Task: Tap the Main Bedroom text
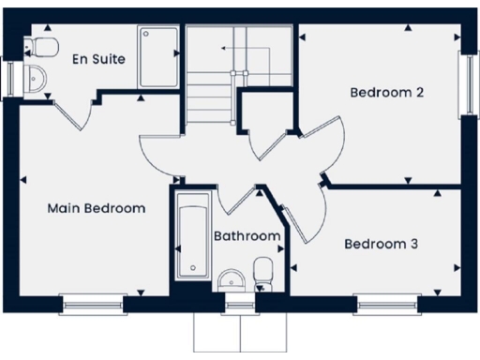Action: tap(97, 208)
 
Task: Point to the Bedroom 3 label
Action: tap(381, 244)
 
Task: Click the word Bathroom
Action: tap(247, 236)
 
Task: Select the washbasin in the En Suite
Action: tap(36, 79)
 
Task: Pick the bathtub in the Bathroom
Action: tap(192, 239)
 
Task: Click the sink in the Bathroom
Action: tap(231, 278)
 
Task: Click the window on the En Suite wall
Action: tap(8, 78)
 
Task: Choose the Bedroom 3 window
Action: tap(384, 301)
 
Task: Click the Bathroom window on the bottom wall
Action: tap(242, 301)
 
